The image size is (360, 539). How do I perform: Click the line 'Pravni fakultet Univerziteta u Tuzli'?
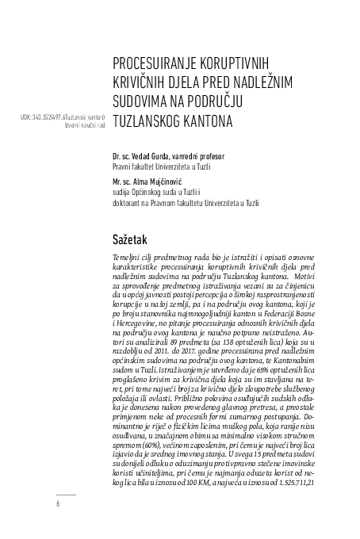[x=169, y=166]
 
